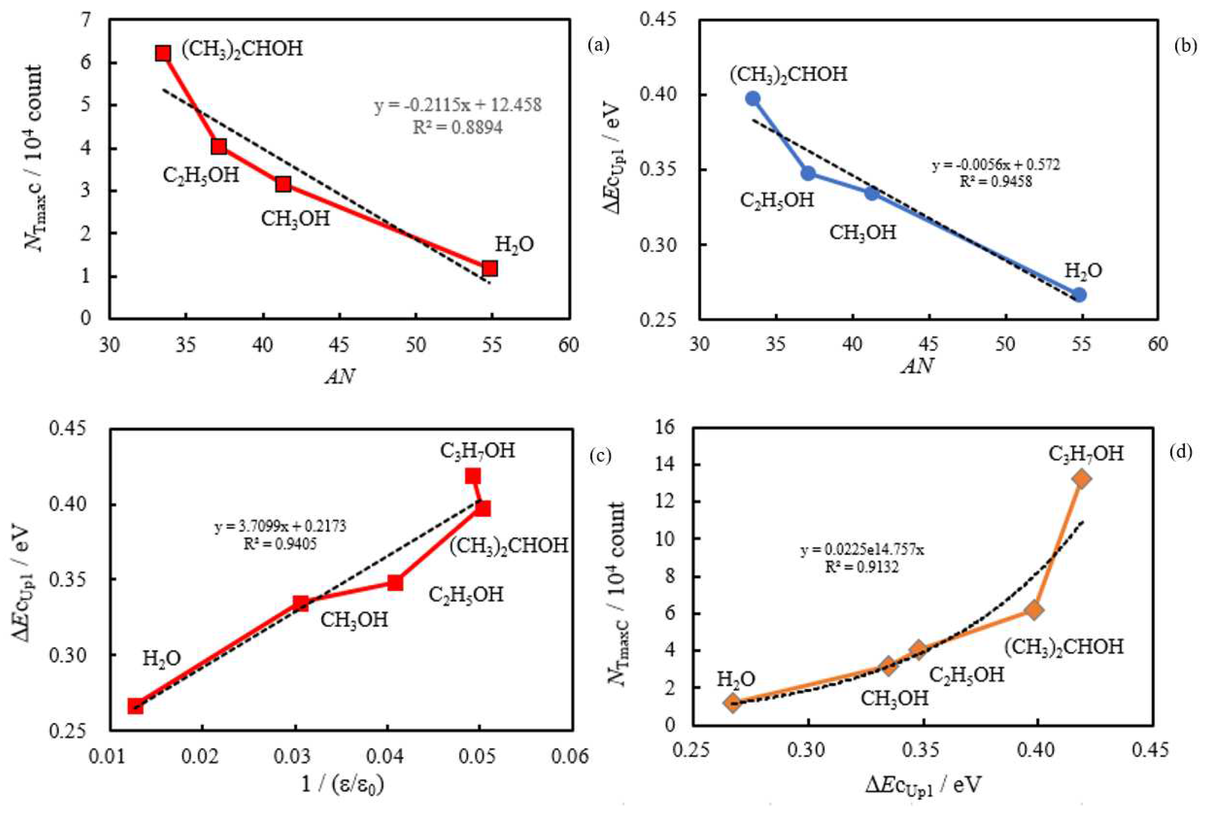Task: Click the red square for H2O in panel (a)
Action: pos(489,268)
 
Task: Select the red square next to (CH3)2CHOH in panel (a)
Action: pos(163,53)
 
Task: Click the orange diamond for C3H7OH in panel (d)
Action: pos(1081,479)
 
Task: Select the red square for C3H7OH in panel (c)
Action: pos(472,476)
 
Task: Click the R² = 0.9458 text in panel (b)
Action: pos(995,181)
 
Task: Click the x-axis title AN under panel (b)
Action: pos(918,367)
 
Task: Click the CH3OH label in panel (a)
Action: pos(295,218)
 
